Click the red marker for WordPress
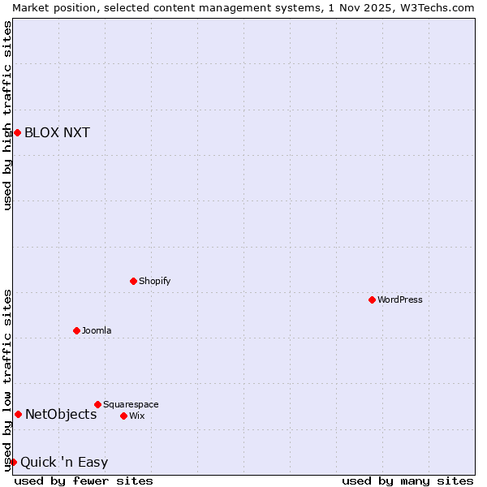tap(373, 300)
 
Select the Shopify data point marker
tap(134, 281)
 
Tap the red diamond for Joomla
tap(77, 330)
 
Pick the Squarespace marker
tap(98, 404)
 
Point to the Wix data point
tap(124, 416)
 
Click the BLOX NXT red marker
tap(17, 132)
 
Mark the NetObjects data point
tap(18, 414)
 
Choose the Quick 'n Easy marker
tap(13, 462)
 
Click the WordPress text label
tap(400, 300)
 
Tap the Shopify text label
tap(155, 281)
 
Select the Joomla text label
tap(97, 330)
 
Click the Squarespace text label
tap(131, 404)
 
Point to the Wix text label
tap(137, 416)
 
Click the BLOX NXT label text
tap(57, 133)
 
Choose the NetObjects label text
tap(61, 415)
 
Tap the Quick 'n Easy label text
tap(64, 463)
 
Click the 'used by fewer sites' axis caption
tap(84, 481)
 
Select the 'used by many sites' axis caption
tap(407, 481)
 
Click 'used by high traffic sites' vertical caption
tap(7, 115)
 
